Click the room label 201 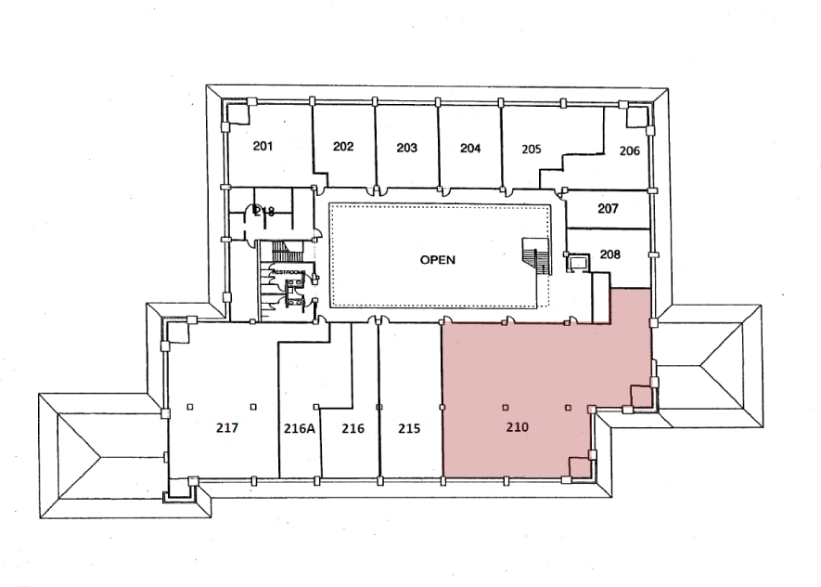point(263,146)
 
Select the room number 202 point(343,147)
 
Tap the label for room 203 point(406,148)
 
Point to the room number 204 point(470,148)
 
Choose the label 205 point(532,149)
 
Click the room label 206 point(630,150)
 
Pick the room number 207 point(608,209)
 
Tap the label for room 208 point(610,254)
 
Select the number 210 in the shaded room point(517,428)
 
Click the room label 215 point(409,429)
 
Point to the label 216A point(300,429)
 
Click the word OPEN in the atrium point(437,260)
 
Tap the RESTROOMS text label point(288,271)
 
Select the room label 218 point(264,212)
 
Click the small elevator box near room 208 point(578,263)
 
